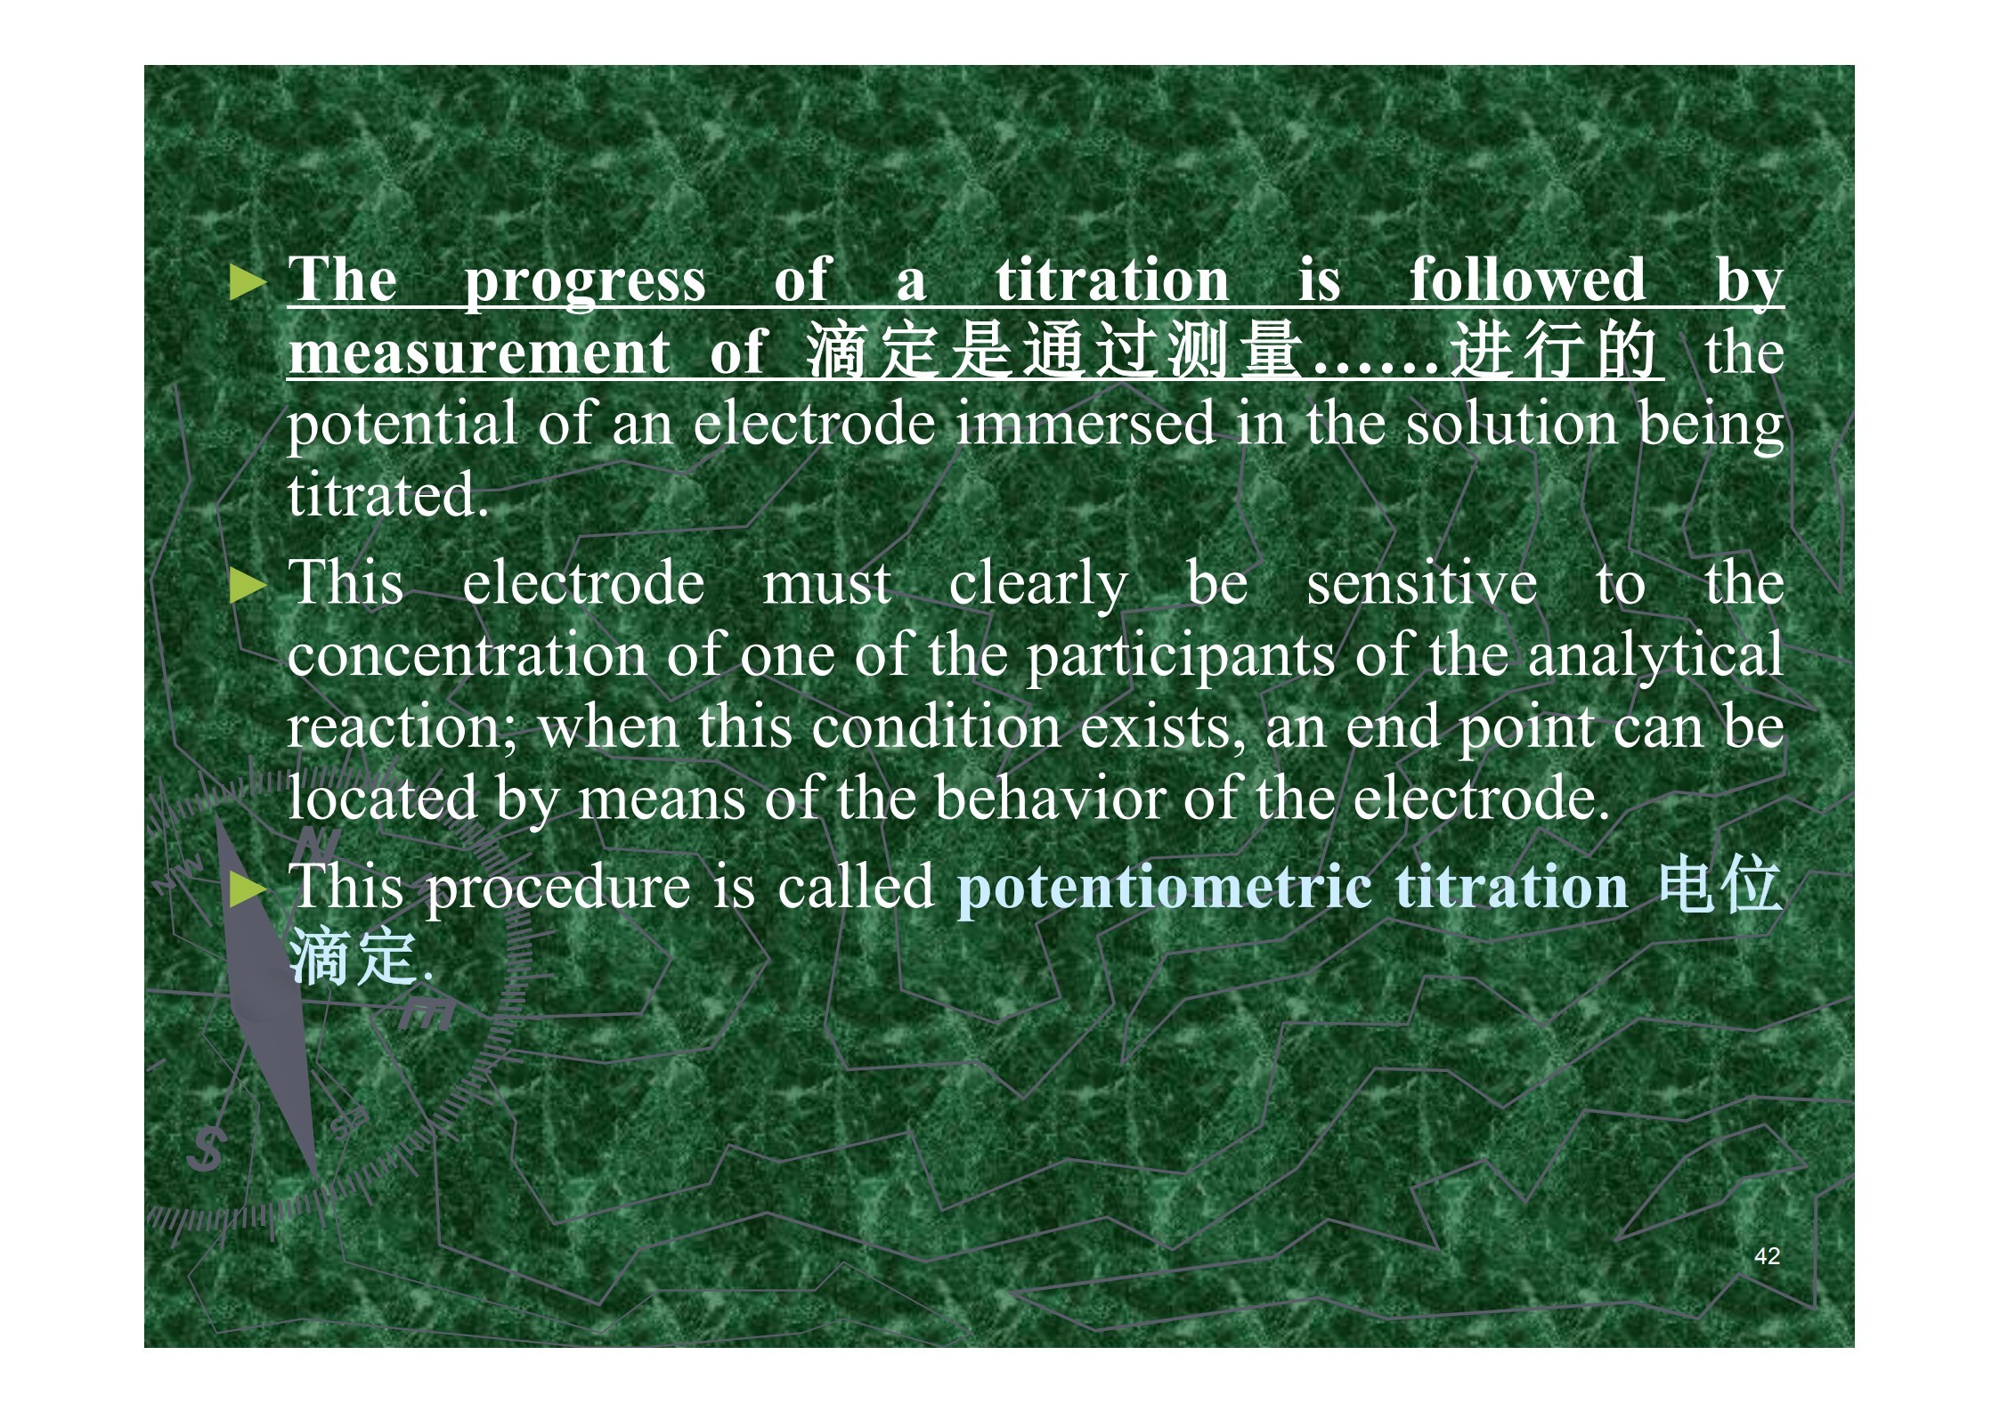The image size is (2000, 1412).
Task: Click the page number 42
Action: tap(1767, 1256)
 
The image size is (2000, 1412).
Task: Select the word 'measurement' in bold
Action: tap(479, 353)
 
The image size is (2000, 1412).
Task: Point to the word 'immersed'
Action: tap(1085, 423)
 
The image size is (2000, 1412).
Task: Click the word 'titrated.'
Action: tap(388, 495)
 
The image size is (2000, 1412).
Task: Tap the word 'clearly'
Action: tap(1038, 587)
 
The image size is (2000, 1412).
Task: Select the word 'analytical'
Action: tap(1656, 657)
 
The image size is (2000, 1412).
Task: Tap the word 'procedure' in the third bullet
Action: tap(557, 889)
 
